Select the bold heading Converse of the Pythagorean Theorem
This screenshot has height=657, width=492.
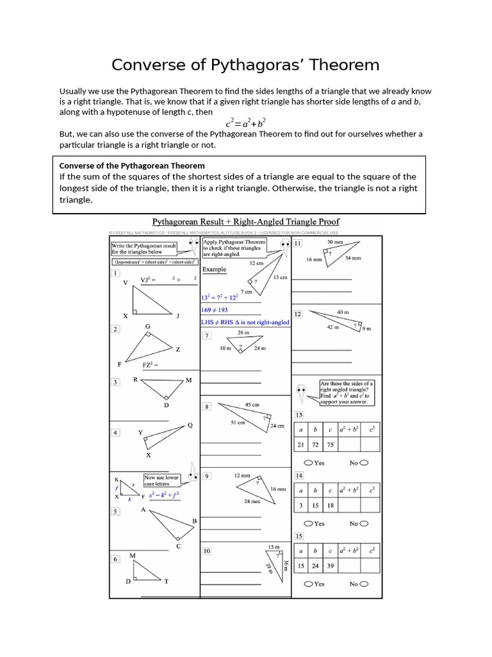(132, 166)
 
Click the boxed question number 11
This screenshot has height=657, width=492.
(299, 244)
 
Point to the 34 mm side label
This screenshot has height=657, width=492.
(352, 258)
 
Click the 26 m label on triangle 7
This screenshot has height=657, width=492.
(243, 332)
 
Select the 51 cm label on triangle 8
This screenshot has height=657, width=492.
(237, 422)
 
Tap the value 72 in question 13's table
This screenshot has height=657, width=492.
(315, 445)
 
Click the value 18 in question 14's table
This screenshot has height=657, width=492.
(330, 506)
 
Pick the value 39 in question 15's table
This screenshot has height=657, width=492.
(330, 567)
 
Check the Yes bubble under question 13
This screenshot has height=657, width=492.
(309, 463)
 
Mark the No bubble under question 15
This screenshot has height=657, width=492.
(365, 584)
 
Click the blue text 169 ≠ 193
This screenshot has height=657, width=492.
(215, 310)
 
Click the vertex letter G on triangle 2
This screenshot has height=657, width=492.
(148, 327)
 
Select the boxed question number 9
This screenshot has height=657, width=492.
(207, 476)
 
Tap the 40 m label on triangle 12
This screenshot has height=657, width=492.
(343, 312)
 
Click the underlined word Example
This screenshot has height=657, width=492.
(214, 269)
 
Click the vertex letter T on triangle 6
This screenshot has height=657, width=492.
(167, 581)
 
